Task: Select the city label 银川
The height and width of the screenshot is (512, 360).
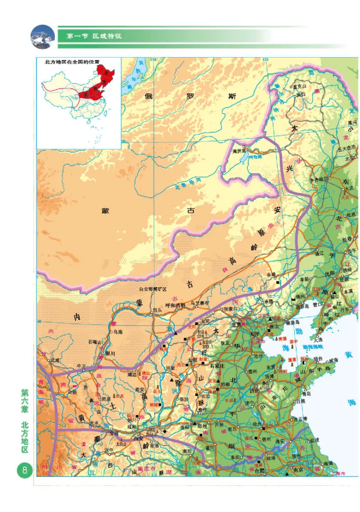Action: click(x=110, y=353)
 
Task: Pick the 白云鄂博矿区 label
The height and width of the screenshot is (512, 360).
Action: click(x=153, y=289)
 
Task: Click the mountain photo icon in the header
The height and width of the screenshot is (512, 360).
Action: click(x=42, y=36)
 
